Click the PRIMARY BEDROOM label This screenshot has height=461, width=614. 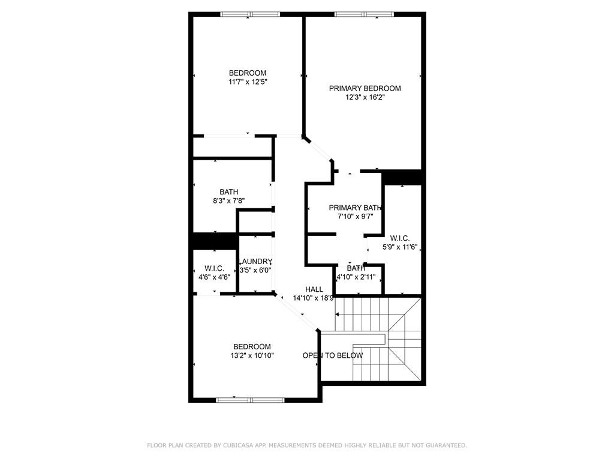point(365,88)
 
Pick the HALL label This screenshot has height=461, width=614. point(314,289)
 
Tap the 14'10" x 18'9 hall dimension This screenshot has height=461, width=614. point(313,298)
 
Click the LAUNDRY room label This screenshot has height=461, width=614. point(256,262)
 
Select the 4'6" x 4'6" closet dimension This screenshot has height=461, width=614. point(214,277)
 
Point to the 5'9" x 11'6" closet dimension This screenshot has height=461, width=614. point(399,247)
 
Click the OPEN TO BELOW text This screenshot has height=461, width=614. point(332,355)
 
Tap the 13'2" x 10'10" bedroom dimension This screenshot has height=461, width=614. point(252,355)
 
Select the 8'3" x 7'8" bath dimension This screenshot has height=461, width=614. point(228,201)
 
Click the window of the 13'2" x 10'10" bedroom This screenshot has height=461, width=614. point(251,400)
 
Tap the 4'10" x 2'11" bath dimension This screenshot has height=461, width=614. point(356,277)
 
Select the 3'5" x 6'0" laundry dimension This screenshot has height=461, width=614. point(256,270)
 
